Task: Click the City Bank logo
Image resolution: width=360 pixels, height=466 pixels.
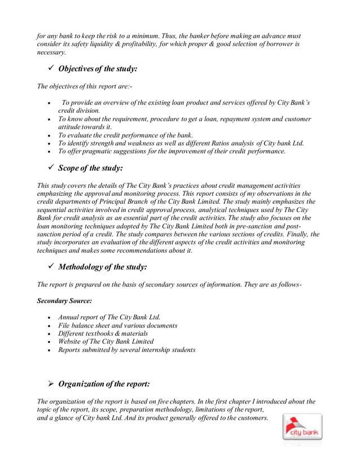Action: [x=302, y=427]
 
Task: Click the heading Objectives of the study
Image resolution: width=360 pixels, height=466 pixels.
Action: [x=98, y=69]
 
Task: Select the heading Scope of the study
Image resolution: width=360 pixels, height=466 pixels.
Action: [x=90, y=168]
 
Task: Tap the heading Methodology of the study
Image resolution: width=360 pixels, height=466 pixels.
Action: [x=103, y=266]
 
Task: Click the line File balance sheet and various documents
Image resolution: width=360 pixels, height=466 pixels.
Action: [x=117, y=326]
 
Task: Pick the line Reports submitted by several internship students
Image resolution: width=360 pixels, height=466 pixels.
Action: [x=126, y=350]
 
